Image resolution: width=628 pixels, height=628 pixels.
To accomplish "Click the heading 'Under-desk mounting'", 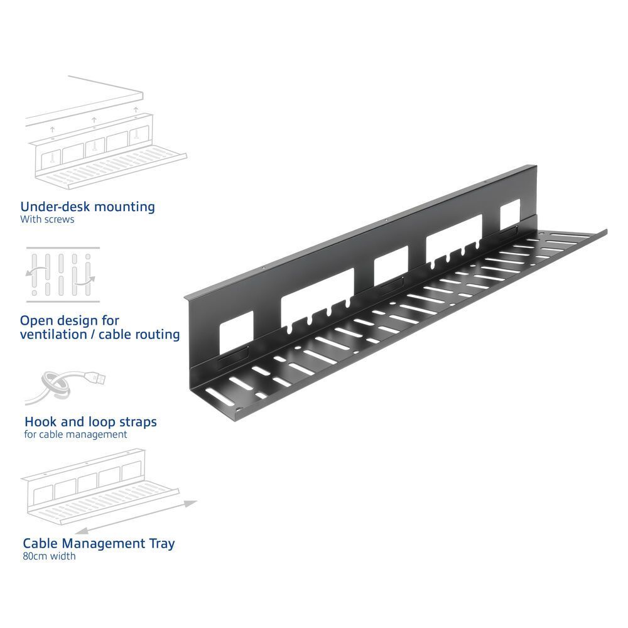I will [x=87, y=207].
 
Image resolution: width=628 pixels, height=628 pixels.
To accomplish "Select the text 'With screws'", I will [x=47, y=220].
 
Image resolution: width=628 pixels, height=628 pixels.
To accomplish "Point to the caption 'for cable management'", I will [x=75, y=435].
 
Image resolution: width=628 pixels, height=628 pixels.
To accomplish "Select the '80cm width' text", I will [x=49, y=556].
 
